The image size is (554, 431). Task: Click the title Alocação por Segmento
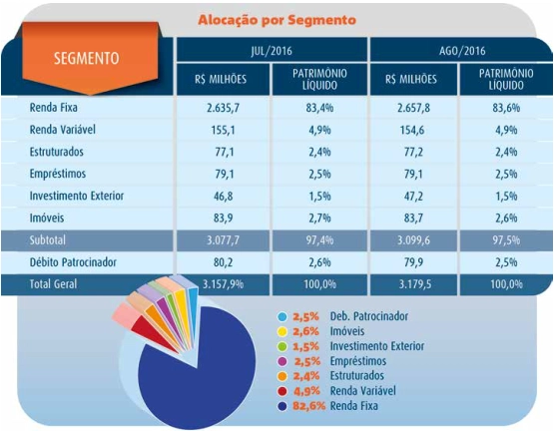coord(277,20)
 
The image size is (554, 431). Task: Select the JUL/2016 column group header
coord(272,51)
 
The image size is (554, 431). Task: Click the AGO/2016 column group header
coord(462,51)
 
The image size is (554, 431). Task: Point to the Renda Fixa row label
coord(53,108)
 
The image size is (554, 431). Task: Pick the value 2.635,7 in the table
coord(224,108)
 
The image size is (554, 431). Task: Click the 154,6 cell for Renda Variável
coord(413,130)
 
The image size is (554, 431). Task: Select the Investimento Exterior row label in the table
coord(77,196)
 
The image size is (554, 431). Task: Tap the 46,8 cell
coord(224,197)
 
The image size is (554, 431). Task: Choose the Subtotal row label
coord(47,240)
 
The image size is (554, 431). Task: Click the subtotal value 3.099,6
coord(413,240)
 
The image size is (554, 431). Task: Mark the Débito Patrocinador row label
coord(73,262)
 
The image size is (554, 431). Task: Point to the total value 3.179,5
coord(415,284)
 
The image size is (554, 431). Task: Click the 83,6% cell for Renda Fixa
coord(506,108)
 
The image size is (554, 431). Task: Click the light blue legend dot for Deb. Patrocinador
coord(282,316)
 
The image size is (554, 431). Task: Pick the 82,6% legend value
coord(308,406)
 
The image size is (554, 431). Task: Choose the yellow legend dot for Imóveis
coord(282,331)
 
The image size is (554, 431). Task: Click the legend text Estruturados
coord(356,375)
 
